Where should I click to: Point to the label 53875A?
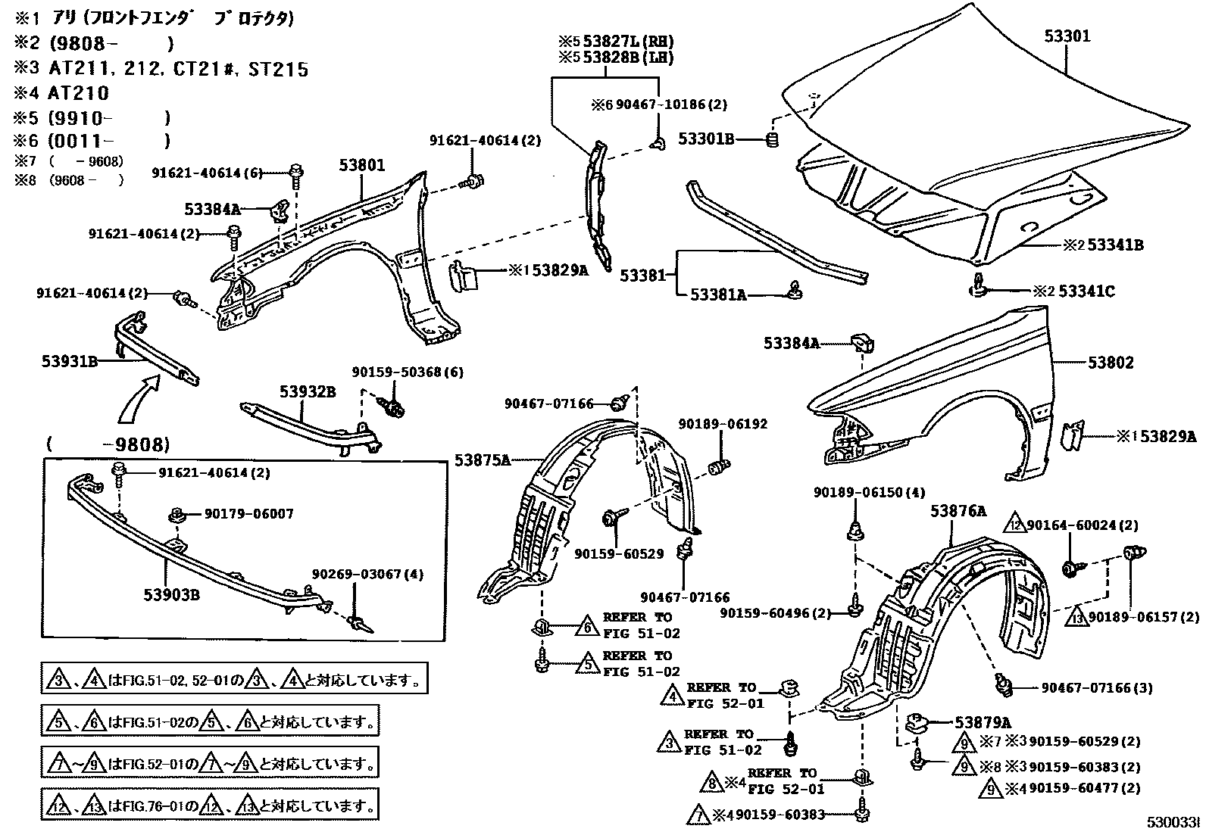pyautogui.click(x=483, y=460)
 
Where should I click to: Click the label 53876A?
pyautogui.click(x=958, y=511)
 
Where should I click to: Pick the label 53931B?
pyautogui.click(x=70, y=362)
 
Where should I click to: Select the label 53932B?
pyautogui.click(x=307, y=391)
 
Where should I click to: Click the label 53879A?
pyautogui.click(x=983, y=723)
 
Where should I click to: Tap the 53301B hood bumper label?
pyautogui.click(x=705, y=139)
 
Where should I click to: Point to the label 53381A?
pyautogui.click(x=717, y=295)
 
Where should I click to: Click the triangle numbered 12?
pyautogui.click(x=1015, y=524)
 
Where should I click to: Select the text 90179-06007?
pyautogui.click(x=248, y=514)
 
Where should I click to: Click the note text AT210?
pyautogui.click(x=80, y=94)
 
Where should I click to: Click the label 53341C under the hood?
pyautogui.click(x=1086, y=291)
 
